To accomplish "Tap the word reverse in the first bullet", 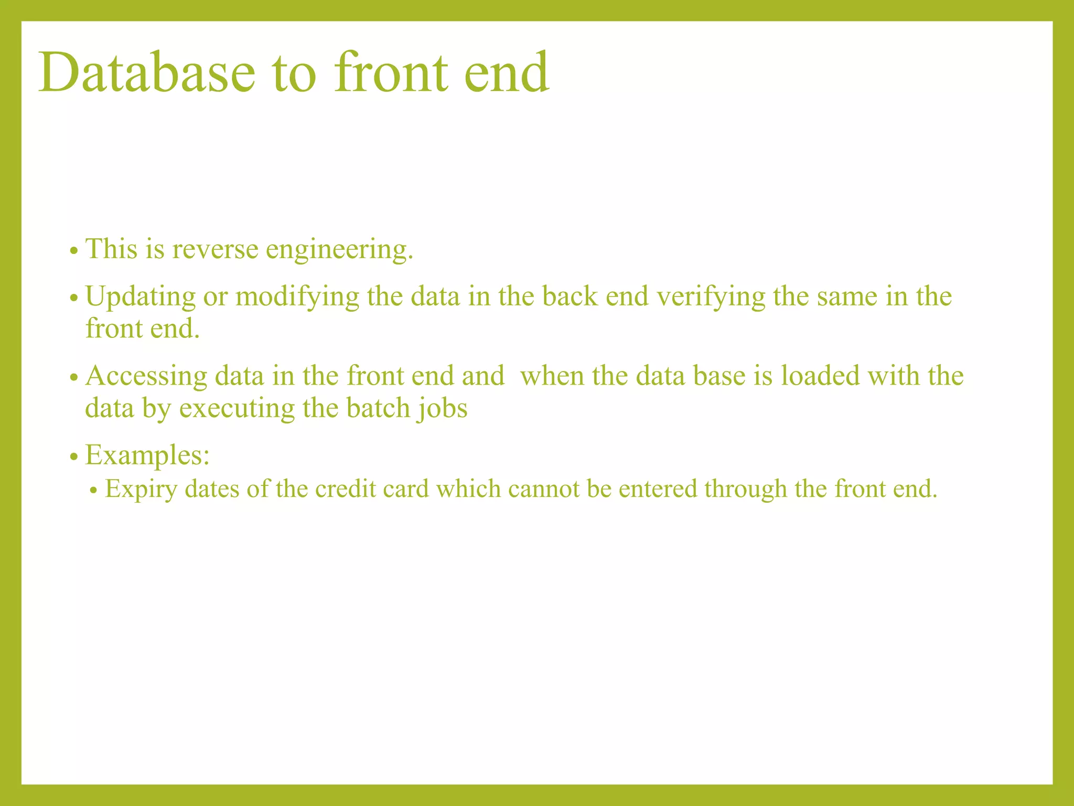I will pyautogui.click(x=215, y=249).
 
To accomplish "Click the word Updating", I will pyautogui.click(x=141, y=297).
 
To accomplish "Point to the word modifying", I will pyautogui.click(x=297, y=297).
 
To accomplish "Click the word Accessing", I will pyautogui.click(x=146, y=377).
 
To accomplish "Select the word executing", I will pyautogui.click(x=237, y=409).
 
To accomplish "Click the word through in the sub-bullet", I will pyautogui.click(x=745, y=490).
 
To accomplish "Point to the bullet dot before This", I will pyautogui.click(x=73, y=251).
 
